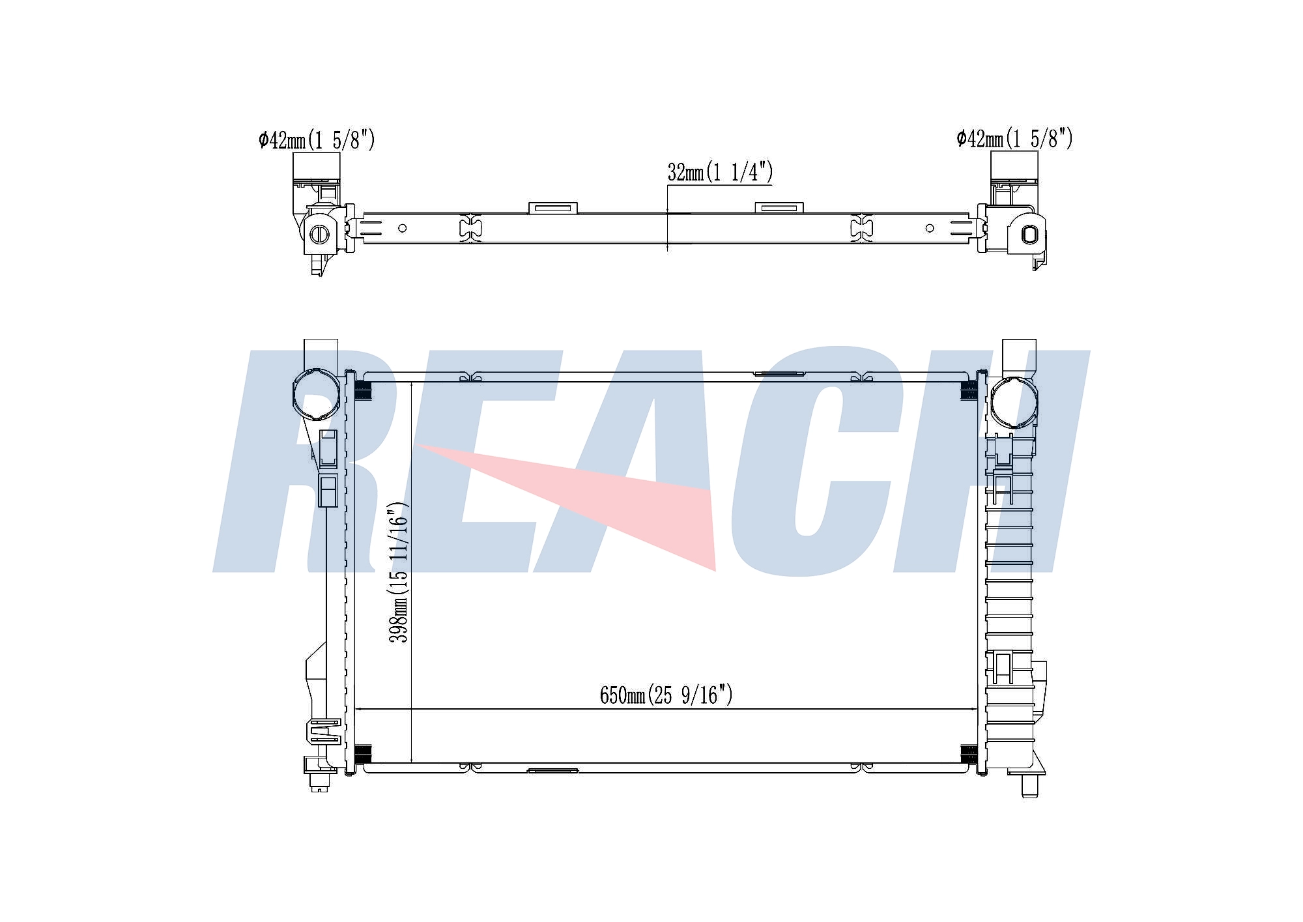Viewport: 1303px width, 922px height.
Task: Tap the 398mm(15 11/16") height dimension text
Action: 399,572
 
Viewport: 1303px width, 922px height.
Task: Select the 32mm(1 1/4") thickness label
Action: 720,172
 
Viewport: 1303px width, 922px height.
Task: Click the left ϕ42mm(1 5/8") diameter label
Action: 317,139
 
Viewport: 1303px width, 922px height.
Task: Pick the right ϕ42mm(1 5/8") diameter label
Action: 1014,138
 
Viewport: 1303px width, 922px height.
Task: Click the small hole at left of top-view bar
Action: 403,228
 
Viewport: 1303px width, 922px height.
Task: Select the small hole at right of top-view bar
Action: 930,228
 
